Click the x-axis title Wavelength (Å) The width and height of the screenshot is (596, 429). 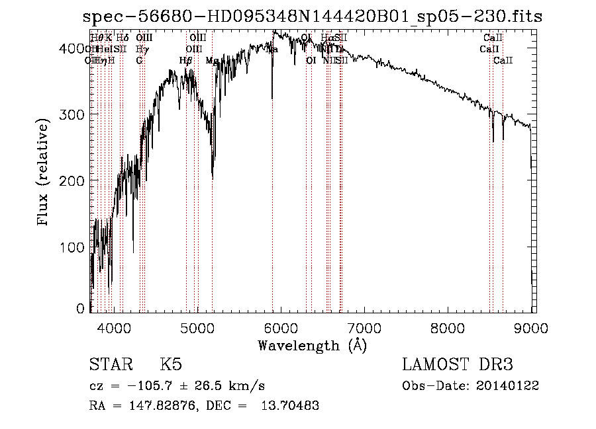tap(312, 345)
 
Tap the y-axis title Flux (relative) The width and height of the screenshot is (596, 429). tap(44, 173)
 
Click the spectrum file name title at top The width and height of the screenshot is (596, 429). tap(313, 17)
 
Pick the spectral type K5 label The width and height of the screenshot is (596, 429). tap(171, 365)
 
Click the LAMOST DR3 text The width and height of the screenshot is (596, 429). tap(458, 365)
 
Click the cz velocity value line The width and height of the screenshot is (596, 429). tap(177, 385)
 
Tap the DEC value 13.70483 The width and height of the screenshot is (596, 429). tap(293, 405)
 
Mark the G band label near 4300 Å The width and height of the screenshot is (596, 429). tap(139, 61)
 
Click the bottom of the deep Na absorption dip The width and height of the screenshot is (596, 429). tap(272, 98)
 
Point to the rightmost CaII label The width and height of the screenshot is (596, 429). tap(503, 61)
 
